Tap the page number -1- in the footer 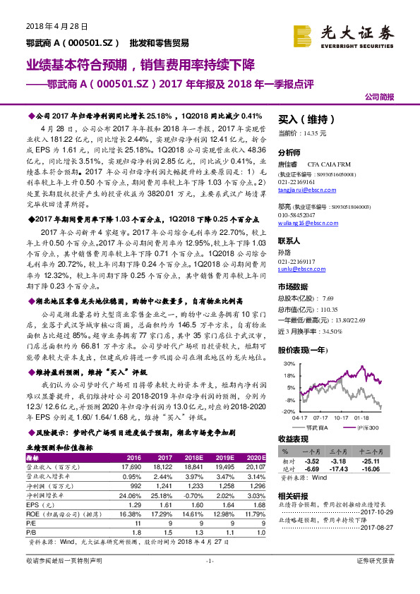click(209, 581)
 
